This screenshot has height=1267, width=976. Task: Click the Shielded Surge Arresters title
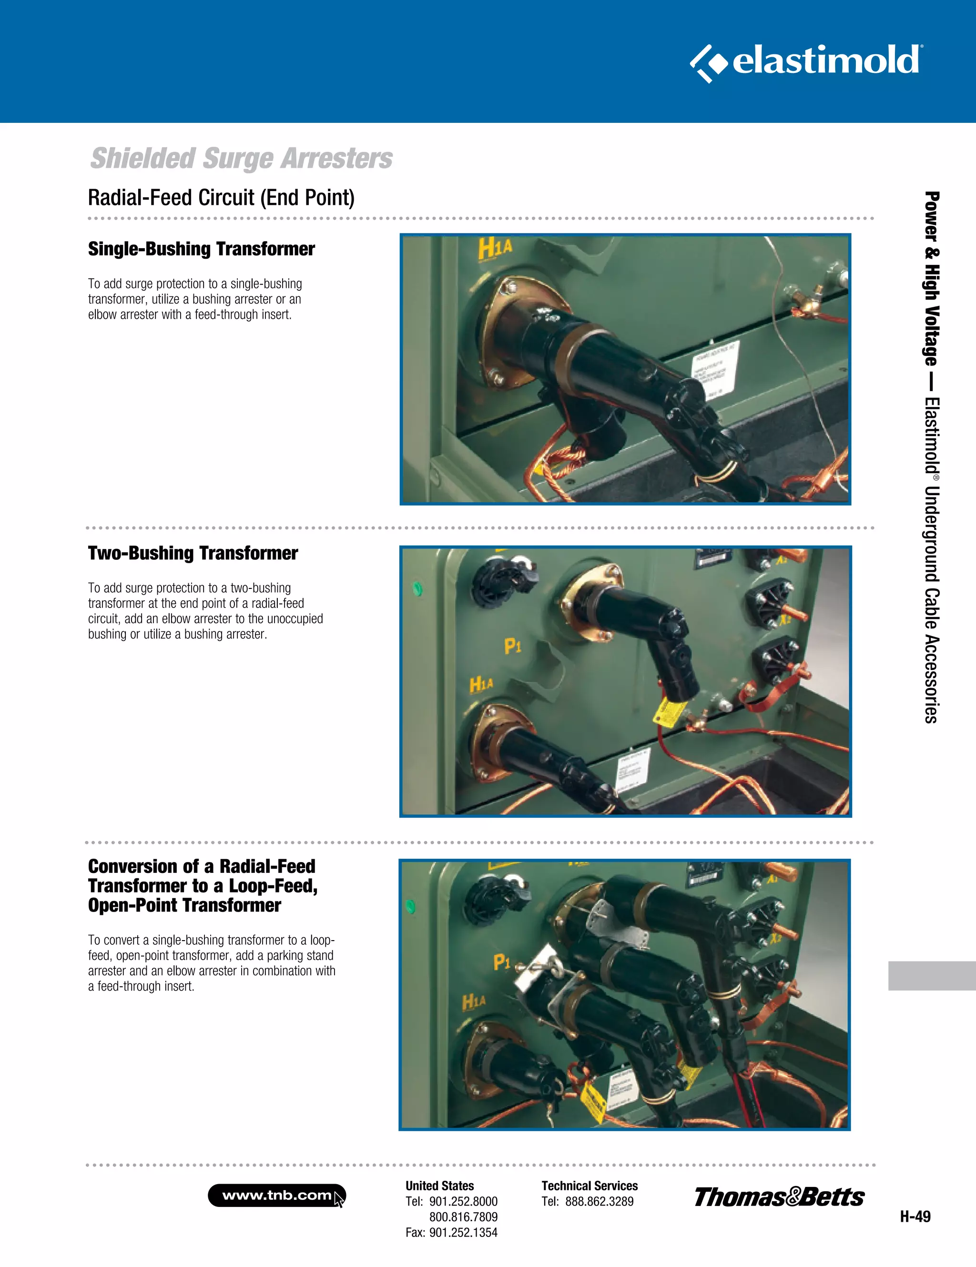[242, 158]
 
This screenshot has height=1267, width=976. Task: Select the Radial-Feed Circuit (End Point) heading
[221, 198]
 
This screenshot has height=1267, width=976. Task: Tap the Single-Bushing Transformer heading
[202, 249]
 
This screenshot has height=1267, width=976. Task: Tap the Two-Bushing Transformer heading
[193, 553]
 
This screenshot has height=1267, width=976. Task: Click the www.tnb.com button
[277, 1196]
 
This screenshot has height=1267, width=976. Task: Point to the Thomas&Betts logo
[779, 1197]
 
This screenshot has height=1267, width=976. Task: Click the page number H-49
[915, 1216]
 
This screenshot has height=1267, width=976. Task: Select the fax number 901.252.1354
[463, 1232]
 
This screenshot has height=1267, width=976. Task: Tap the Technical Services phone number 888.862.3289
[599, 1201]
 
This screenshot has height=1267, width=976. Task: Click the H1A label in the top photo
[495, 248]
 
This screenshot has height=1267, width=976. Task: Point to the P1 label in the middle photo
[512, 646]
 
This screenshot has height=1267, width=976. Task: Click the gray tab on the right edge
[931, 975]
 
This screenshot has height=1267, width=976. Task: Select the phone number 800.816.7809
[463, 1217]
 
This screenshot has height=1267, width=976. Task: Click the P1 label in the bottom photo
[501, 963]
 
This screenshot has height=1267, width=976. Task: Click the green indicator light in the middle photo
[417, 590]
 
